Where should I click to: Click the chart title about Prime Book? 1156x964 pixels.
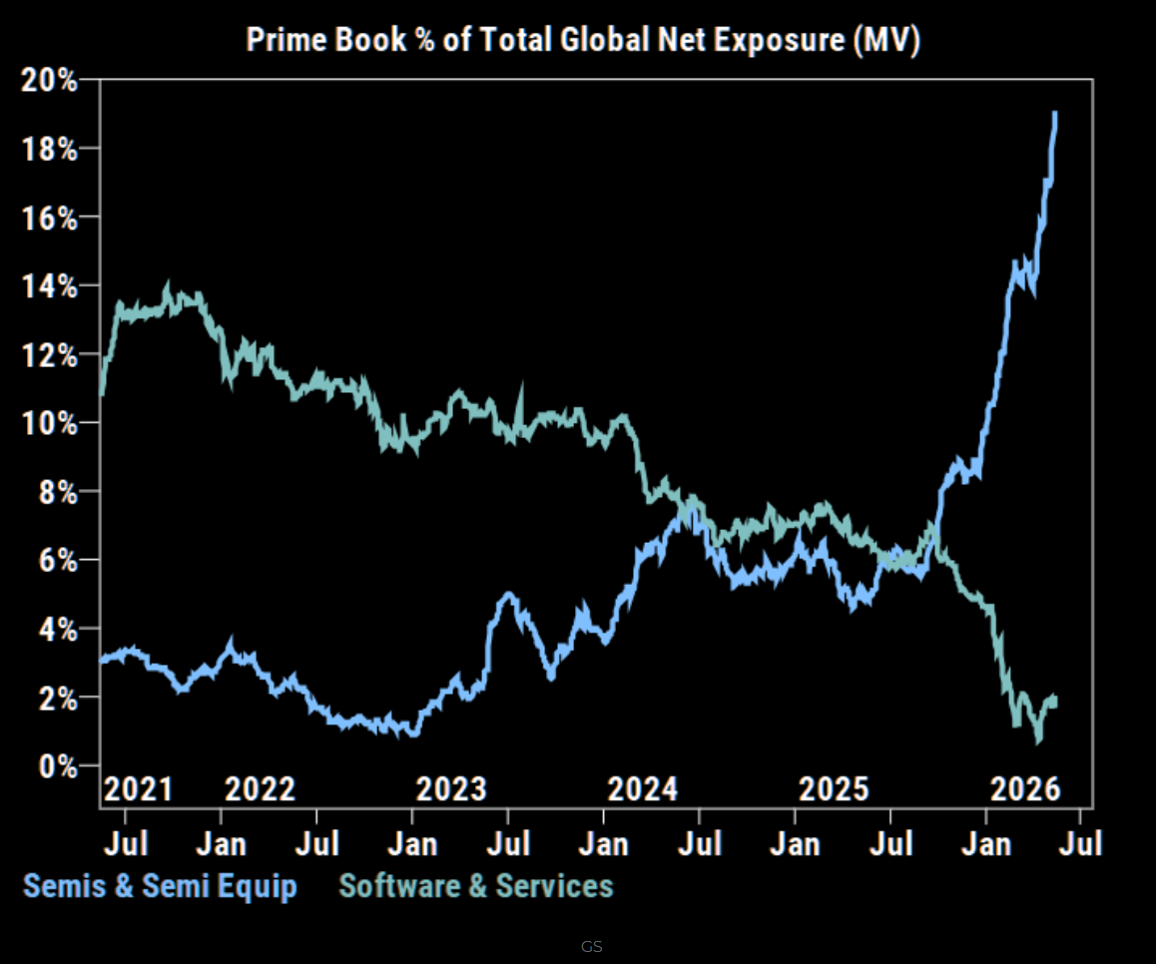(583, 39)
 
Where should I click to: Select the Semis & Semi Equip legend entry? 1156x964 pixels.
(160, 886)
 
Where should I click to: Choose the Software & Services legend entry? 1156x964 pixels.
(475, 886)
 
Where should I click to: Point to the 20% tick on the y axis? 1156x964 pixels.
(49, 80)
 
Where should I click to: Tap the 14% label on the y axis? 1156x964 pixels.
(49, 286)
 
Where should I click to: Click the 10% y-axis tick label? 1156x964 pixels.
(49, 423)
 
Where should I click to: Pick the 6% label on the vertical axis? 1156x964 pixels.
(58, 560)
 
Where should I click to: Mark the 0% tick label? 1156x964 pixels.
(58, 766)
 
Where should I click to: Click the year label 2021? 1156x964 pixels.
(138, 789)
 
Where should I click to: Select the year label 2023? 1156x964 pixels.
(451, 789)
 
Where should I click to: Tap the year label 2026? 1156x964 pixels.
(1025, 789)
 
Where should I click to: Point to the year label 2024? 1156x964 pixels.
(642, 789)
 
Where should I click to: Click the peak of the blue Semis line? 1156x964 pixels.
(1055, 114)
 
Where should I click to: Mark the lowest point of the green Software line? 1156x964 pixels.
(1039, 740)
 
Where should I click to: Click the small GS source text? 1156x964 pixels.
(591, 947)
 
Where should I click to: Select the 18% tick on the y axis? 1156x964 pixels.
(49, 149)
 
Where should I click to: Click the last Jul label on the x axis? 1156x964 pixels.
(1081, 843)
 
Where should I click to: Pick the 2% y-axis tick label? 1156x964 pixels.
(58, 698)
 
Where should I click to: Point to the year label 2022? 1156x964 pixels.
(260, 789)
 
